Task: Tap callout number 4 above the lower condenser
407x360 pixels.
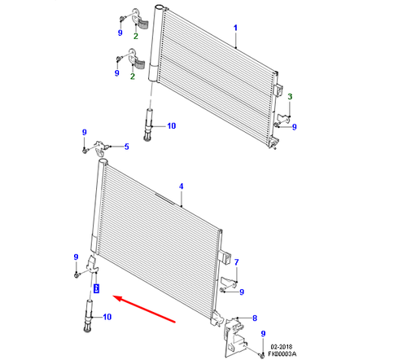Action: click(182, 187)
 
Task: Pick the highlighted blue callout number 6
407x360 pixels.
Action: click(95, 288)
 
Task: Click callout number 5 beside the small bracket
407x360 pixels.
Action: click(126, 147)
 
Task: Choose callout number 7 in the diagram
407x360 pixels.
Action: click(237, 262)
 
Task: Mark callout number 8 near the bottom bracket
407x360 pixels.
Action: click(254, 318)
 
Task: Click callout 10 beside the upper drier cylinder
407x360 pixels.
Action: click(171, 126)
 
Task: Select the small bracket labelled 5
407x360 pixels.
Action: click(102, 148)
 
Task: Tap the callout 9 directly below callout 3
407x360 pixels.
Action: click(294, 126)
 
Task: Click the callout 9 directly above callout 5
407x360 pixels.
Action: click(84, 132)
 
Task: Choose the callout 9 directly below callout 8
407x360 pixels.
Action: click(264, 335)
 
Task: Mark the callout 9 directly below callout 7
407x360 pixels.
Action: click(242, 292)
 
